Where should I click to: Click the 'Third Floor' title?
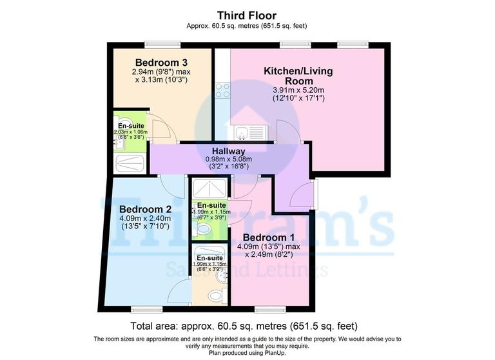(x=247, y=15)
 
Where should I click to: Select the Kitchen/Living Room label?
(x=298, y=76)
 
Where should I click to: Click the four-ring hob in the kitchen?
(x=223, y=90)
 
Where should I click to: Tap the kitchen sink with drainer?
(x=249, y=132)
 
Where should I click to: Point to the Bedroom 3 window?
(x=161, y=44)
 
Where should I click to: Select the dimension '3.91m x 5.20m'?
(x=298, y=90)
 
